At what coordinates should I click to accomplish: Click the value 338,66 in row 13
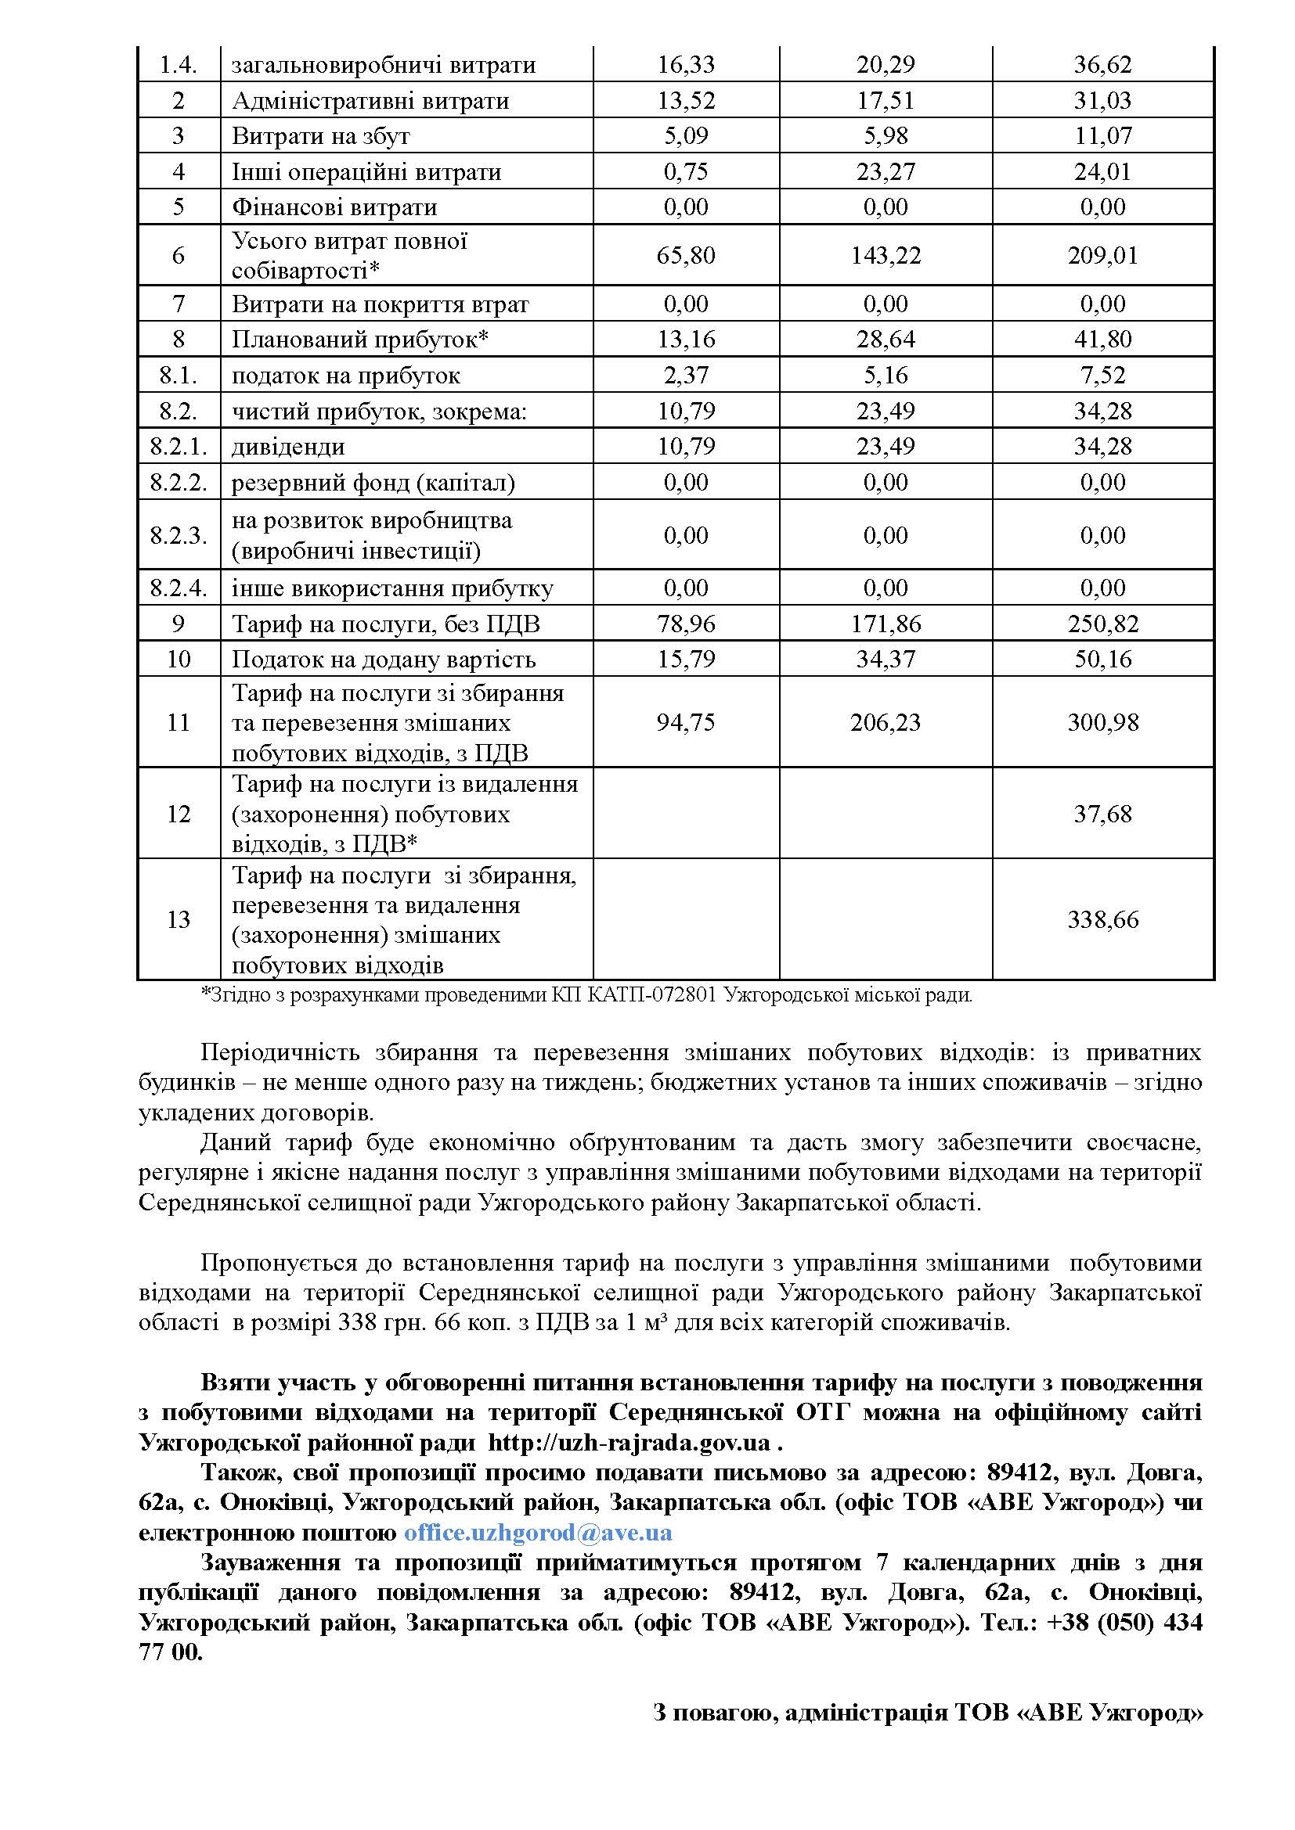(1103, 920)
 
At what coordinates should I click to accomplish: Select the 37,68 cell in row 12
(1103, 814)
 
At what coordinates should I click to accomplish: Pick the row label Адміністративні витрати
(370, 100)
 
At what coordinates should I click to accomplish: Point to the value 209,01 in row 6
(1103, 255)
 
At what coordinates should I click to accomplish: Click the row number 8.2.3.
(179, 535)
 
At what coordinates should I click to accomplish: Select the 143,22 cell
(886, 255)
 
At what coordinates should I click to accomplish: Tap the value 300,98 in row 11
(1103, 722)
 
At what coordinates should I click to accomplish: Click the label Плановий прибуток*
(359, 340)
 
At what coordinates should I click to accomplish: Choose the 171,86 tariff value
(886, 624)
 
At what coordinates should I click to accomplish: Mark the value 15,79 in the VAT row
(686, 659)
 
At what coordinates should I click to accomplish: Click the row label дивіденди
(288, 446)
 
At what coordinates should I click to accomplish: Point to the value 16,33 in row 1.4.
(686, 65)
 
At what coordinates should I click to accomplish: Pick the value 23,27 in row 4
(886, 171)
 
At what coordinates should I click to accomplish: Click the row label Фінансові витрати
(334, 207)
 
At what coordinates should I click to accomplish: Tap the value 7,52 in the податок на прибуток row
(1103, 376)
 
